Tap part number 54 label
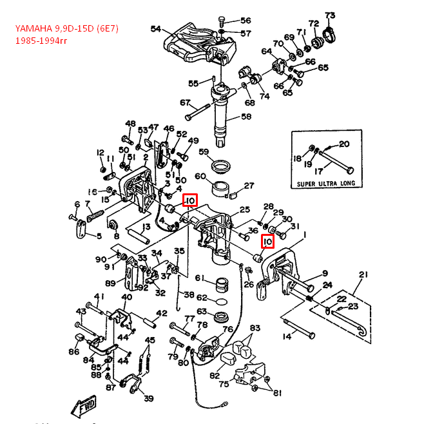[x=156, y=29]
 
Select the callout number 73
[x=330, y=15]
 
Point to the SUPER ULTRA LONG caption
[x=325, y=183]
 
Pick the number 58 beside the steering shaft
[x=246, y=117]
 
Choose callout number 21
[x=363, y=275]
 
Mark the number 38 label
[x=189, y=295]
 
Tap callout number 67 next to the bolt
[x=186, y=103]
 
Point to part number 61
[x=200, y=278]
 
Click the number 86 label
[x=74, y=352]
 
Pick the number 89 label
[x=110, y=282]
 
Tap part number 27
[x=249, y=186]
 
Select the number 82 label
[x=215, y=376]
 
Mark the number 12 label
[x=100, y=153]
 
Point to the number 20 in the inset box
[x=344, y=144]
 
